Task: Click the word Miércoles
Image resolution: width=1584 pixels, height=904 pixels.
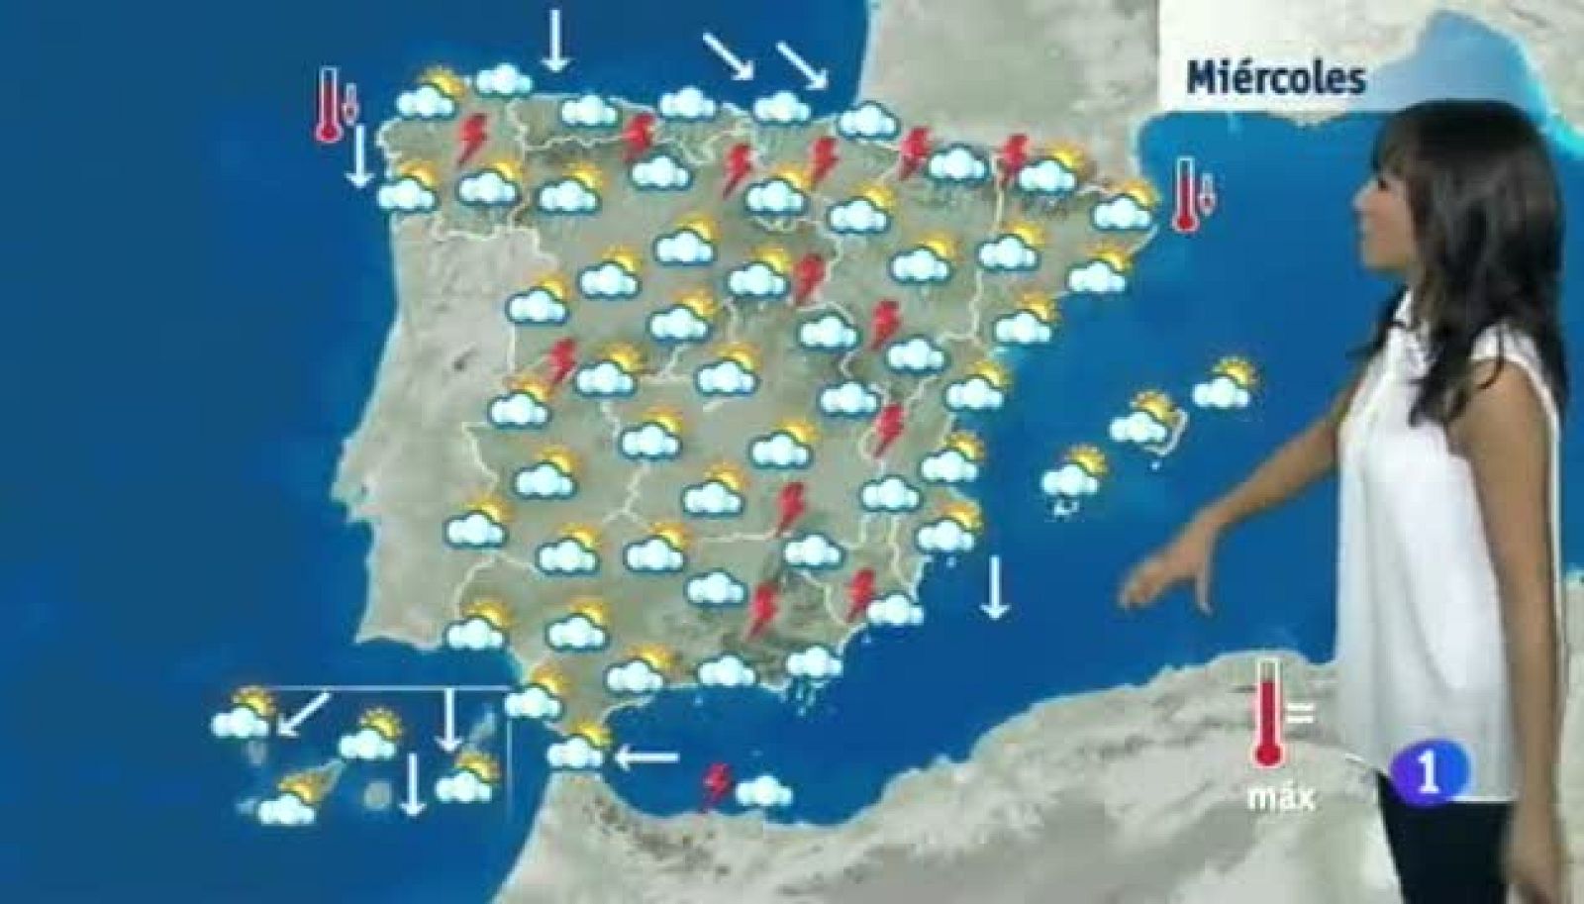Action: [1275, 78]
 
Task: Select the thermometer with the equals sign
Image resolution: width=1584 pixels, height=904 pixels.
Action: [1267, 711]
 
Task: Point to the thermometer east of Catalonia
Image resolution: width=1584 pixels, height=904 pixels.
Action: [1186, 195]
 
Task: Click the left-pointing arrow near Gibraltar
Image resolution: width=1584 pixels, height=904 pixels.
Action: [645, 758]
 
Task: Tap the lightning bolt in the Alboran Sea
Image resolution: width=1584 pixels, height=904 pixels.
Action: [716, 785]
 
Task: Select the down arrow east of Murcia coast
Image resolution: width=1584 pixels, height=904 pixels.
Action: [995, 587]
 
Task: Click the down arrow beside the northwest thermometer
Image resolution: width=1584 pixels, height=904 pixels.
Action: [359, 154]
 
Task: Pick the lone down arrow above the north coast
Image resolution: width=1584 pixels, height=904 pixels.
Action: [555, 40]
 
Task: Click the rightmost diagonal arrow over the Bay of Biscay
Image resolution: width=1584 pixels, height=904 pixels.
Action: [802, 64]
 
